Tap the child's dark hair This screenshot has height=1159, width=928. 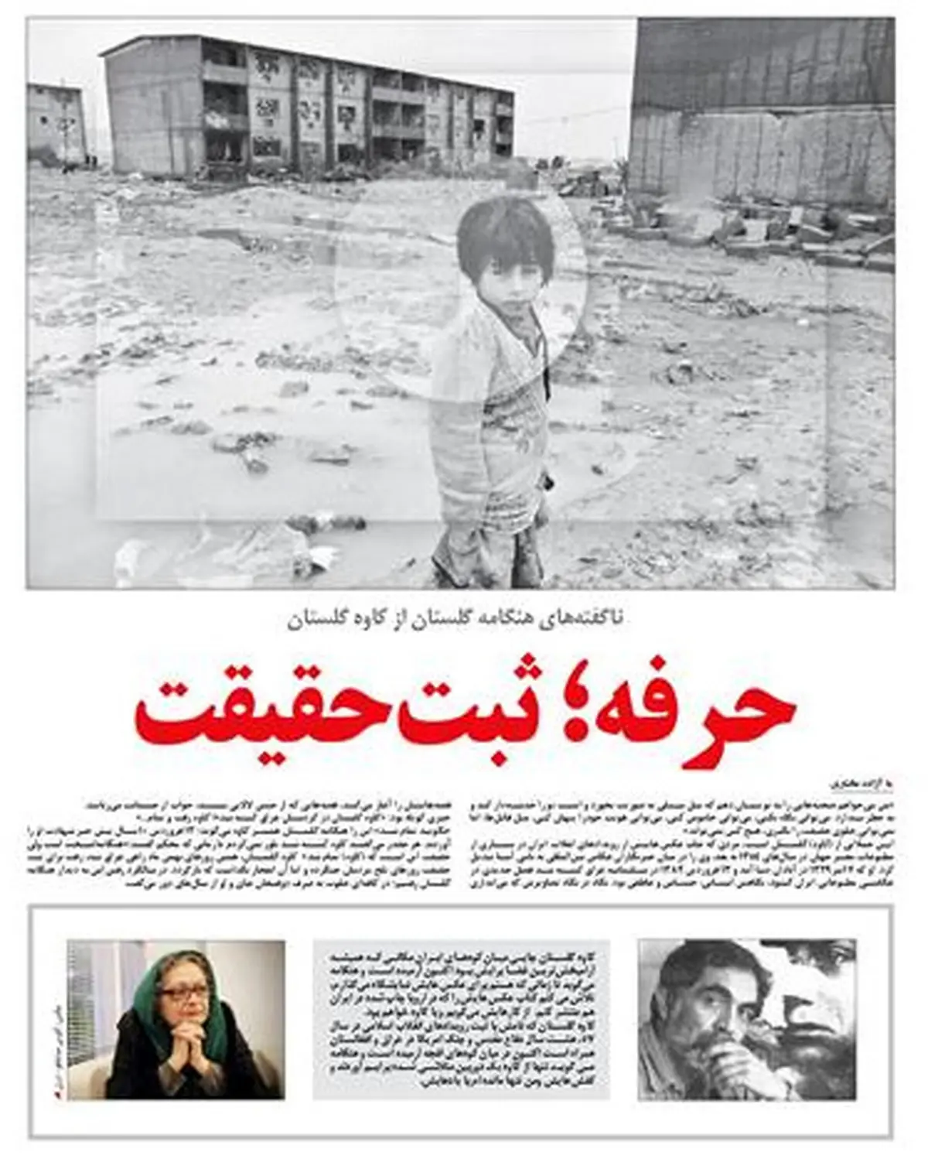click(x=503, y=232)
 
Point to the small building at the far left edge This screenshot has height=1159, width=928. click(x=56, y=124)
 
